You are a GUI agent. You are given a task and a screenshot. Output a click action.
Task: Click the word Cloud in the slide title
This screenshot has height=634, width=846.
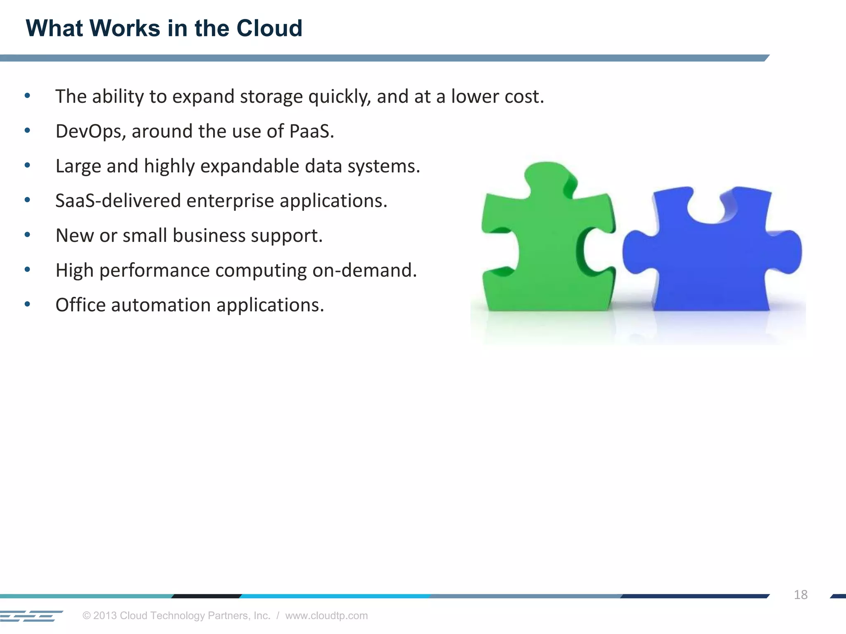tap(269, 28)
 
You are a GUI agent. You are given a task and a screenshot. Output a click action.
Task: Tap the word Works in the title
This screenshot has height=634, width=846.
tap(125, 28)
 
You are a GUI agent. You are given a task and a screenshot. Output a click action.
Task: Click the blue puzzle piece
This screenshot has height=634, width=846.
tap(711, 264)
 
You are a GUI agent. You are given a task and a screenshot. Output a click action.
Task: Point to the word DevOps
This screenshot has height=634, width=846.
tap(90, 132)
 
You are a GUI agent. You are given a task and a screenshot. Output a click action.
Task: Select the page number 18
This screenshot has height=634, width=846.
tap(800, 595)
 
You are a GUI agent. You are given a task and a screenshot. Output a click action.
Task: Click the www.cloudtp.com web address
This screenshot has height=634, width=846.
tap(326, 615)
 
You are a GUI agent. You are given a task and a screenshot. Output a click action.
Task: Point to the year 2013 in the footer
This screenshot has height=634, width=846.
tap(105, 615)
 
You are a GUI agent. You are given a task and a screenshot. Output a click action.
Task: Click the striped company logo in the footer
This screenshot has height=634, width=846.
tap(31, 616)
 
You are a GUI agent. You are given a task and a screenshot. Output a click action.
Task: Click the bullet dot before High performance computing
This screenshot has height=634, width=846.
tap(27, 270)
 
